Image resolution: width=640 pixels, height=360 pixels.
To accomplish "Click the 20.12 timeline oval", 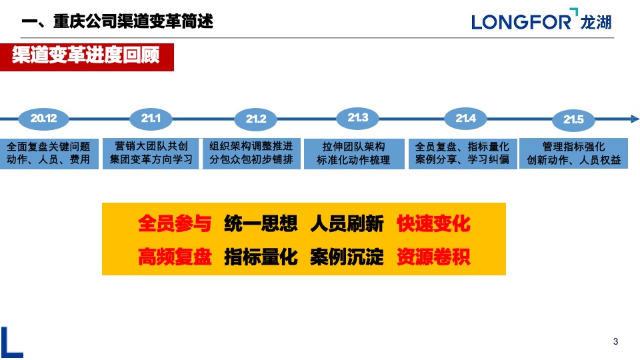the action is coord(43,119).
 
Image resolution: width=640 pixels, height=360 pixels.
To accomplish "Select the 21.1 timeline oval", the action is coord(151,118).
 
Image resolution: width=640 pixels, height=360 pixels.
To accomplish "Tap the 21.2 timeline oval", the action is coord(256,119).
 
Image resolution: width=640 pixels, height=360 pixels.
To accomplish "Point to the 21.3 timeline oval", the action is coord(357,118).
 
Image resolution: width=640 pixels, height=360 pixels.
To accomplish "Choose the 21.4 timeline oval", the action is coord(465,118).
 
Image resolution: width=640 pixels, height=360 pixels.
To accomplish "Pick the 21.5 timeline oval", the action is coord(573,119).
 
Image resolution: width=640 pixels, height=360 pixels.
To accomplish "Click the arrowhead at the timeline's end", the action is coord(634,119).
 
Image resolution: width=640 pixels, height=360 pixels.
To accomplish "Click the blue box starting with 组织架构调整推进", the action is coord(251,153).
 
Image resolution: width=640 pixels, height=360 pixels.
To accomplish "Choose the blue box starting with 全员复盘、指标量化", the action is coord(462,153).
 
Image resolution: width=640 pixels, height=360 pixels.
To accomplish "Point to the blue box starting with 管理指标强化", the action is coord(573,153).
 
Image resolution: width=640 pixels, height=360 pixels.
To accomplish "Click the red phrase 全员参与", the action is coord(175,224).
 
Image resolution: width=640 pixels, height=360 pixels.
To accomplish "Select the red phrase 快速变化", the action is coord(433,224).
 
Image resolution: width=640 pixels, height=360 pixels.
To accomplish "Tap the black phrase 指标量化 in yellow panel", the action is coord(261,257).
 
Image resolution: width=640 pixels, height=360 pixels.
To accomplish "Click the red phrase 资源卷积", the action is coord(433,257).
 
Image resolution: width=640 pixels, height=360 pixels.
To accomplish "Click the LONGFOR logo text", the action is coord(521,21).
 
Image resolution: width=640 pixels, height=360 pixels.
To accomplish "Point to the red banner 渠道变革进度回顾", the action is coord(87,56).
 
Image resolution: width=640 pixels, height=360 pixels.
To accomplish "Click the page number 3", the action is coord(615,342).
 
